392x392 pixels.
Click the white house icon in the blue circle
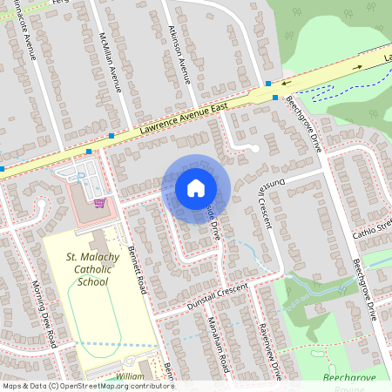(196, 187)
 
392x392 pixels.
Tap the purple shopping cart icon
(99, 204)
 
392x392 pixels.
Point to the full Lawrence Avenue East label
(180, 118)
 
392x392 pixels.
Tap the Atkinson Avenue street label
(178, 54)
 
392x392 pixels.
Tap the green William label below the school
(130, 375)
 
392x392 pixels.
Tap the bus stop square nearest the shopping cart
(89, 151)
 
